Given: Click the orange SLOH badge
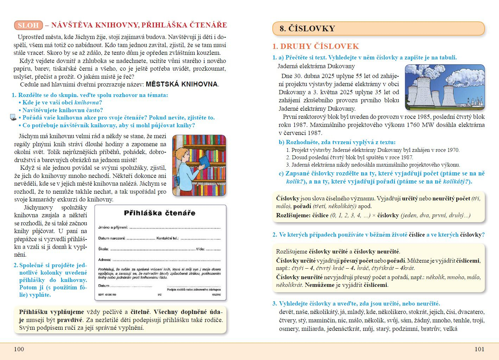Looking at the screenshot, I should pos(28,25).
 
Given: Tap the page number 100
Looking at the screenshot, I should pos(19,349).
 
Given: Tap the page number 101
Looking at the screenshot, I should pos(479,349).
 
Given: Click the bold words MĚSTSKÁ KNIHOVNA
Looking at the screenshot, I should pos(182,84).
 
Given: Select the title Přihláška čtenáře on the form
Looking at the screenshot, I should pos(159,213).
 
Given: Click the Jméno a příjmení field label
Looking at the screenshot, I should pos(113,227).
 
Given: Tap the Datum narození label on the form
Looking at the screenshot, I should pos(112,238).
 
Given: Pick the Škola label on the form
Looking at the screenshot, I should pos(103,249).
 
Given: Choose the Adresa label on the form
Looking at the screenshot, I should pos(105,260).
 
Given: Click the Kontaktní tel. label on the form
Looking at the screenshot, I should pos(168,238).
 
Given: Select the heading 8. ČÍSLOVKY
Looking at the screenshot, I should pos(307,29).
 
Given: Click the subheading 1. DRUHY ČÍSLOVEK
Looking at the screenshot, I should pos(316,46).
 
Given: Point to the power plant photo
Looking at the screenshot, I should pos(444,87).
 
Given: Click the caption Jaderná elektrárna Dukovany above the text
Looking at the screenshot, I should pos(316,66).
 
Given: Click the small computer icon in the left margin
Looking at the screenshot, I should pos(13,117).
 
